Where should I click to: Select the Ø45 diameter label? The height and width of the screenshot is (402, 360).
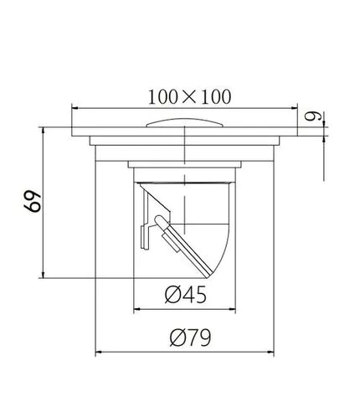[x=186, y=296]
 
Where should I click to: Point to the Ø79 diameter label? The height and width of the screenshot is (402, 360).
[x=189, y=338]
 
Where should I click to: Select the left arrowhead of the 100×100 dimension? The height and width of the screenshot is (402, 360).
[x=75, y=107]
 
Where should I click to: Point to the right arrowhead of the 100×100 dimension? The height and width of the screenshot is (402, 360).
[x=296, y=107]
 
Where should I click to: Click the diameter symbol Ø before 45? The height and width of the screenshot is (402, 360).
[x=170, y=296]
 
